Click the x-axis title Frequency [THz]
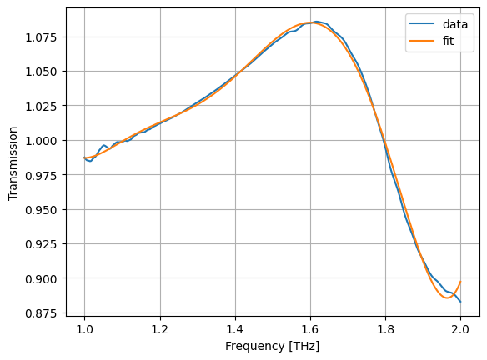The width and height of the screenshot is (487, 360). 273,346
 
